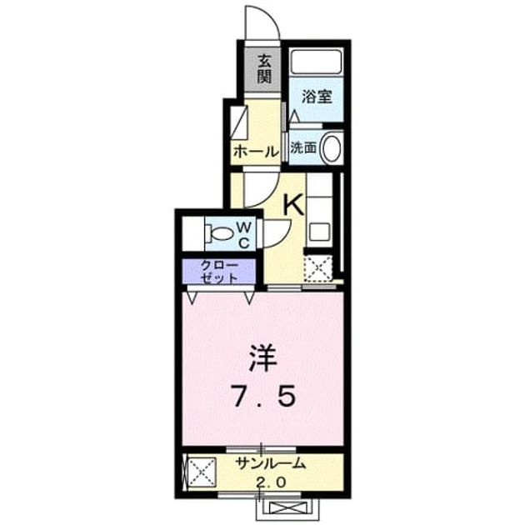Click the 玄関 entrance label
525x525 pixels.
264,69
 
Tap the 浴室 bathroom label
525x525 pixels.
317,97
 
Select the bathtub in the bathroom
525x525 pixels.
316,62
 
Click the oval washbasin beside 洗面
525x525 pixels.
332,148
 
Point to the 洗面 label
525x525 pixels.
303,147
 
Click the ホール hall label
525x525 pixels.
257,152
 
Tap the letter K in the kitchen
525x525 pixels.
293,205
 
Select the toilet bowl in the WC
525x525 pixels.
219,233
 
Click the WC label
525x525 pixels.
244,236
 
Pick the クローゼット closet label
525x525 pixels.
220,272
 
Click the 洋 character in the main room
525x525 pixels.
263,358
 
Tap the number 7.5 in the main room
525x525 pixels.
264,396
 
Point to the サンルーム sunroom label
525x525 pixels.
271,463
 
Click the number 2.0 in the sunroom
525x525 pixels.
271,482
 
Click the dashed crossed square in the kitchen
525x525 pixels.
317,267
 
